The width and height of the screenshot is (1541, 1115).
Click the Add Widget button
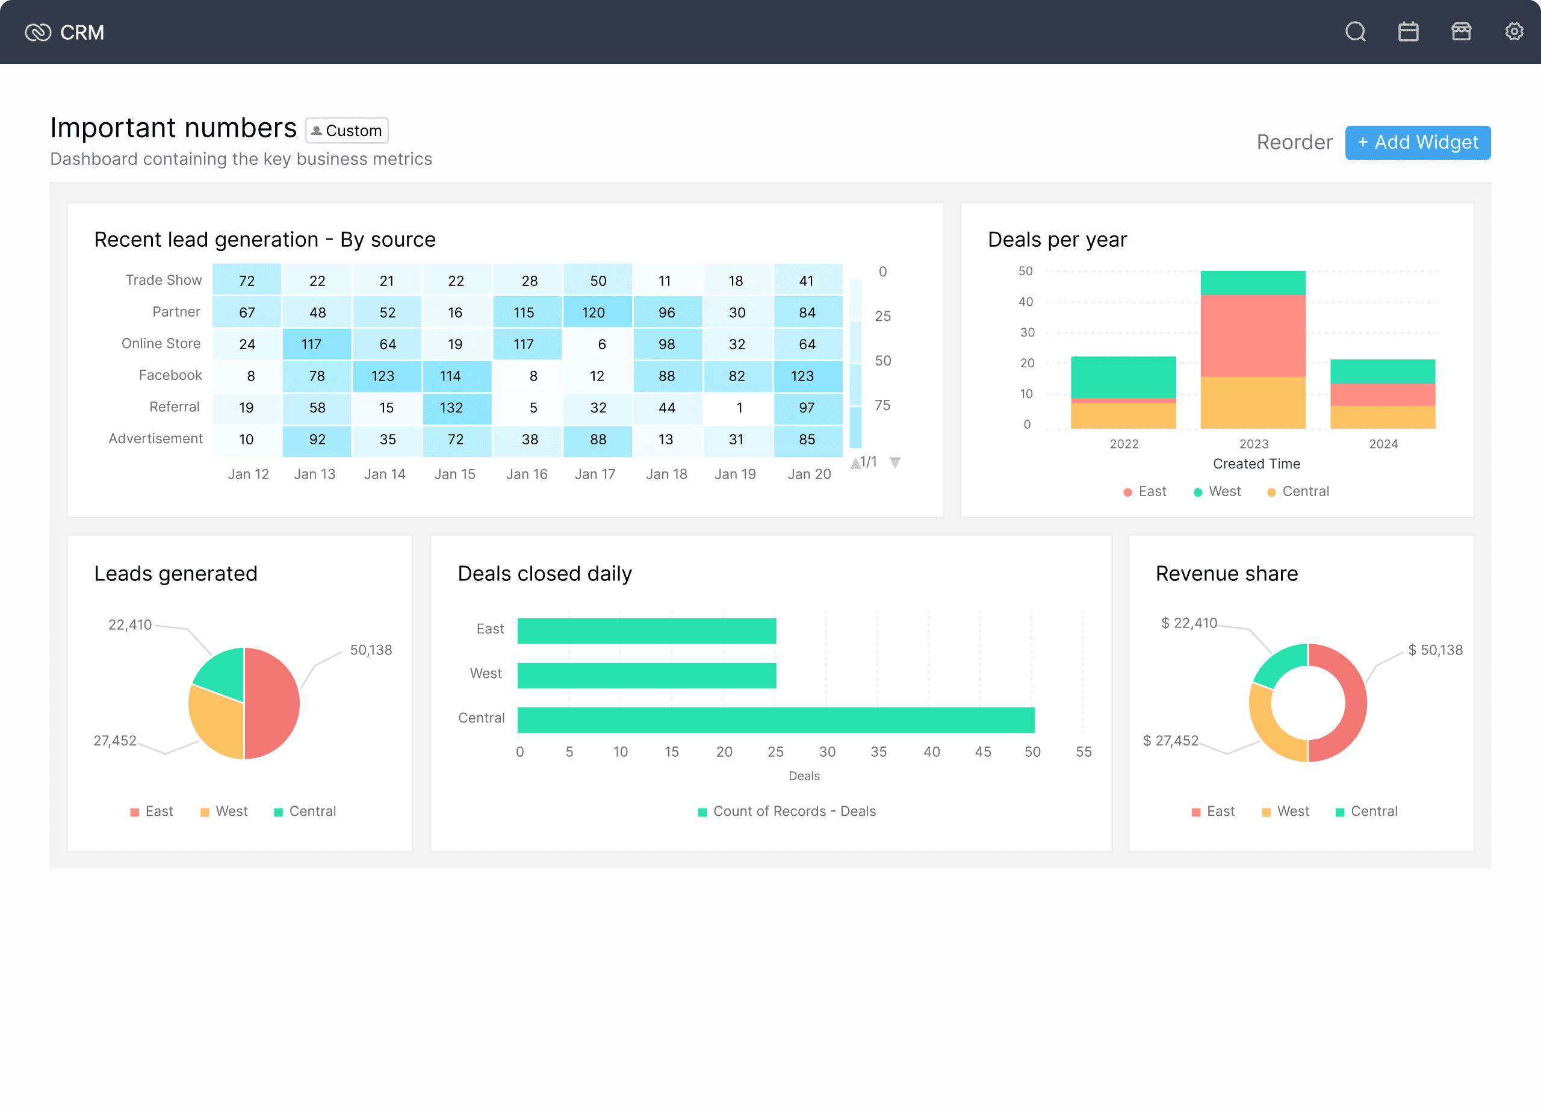1418,143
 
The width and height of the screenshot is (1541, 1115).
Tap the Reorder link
1294,143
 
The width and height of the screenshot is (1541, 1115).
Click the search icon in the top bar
1356,32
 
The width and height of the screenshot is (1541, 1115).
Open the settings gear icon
1514,32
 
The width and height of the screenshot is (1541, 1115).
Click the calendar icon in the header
1409,32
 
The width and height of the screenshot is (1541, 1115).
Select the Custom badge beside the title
347,131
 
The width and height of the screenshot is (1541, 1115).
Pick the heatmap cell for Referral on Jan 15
457,408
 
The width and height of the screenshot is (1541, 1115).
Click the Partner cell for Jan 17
597,312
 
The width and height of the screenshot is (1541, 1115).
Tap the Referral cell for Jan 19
738,408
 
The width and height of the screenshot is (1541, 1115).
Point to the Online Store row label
161,344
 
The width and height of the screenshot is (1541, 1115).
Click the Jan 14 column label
385,474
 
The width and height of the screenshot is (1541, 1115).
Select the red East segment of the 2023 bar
1253,336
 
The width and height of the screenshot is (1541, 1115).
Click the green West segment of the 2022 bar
1123,377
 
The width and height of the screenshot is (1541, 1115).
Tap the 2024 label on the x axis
1383,444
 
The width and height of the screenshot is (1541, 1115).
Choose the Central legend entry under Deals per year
1298,491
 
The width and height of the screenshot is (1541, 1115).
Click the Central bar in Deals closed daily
776,720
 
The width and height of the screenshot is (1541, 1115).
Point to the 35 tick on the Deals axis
878,751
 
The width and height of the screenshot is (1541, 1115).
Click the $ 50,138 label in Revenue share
1435,650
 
